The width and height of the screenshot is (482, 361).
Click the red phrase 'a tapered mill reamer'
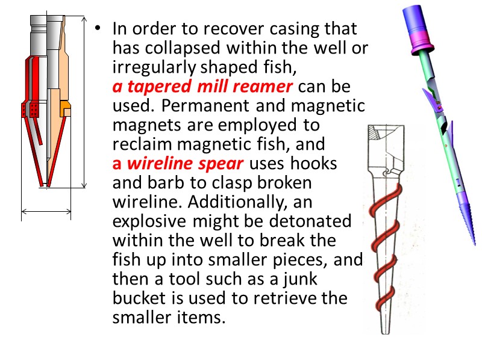(x=202, y=87)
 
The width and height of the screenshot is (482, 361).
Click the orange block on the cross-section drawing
(x=66, y=110)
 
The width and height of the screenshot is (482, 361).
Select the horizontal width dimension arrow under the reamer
(x=46, y=211)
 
